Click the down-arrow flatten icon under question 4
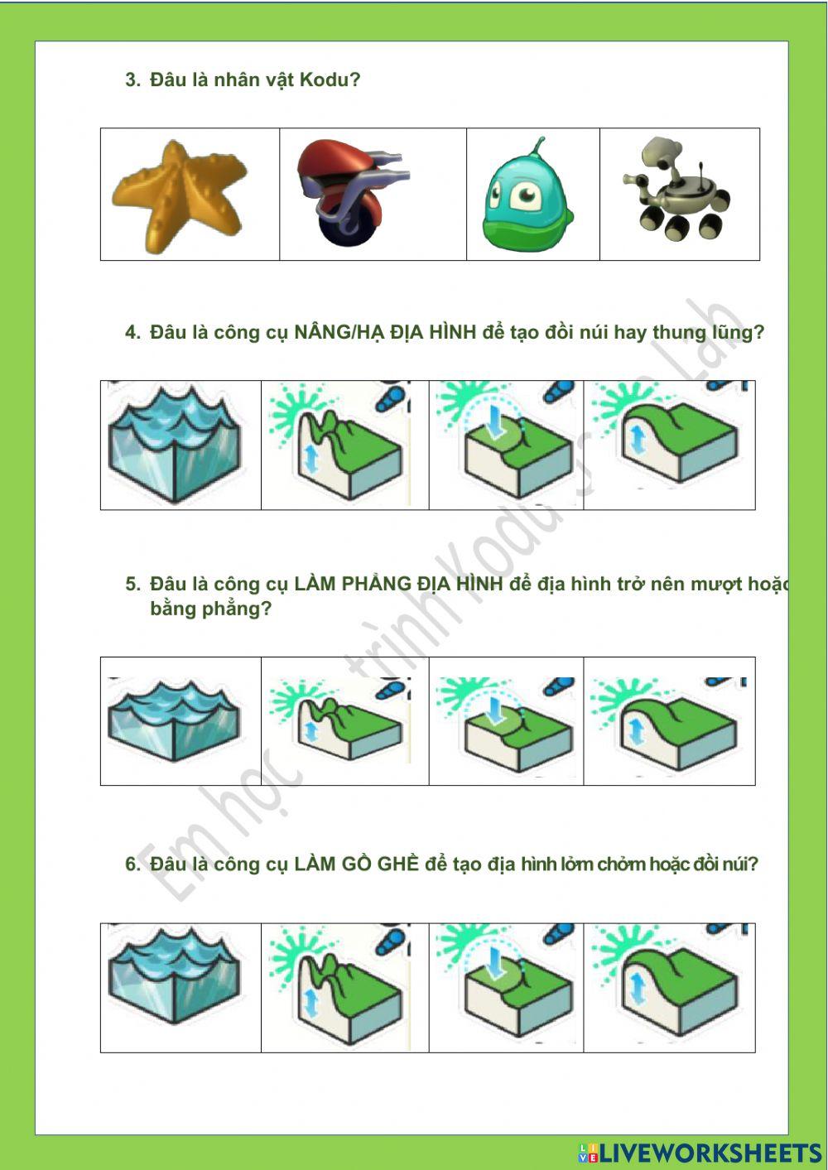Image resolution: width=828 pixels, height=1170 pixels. pos(507,445)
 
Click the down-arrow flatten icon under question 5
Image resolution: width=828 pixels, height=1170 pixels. pos(507,721)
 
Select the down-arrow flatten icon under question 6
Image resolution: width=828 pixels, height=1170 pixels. pos(507,988)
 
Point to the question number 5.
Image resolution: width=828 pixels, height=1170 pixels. pos(132,585)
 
